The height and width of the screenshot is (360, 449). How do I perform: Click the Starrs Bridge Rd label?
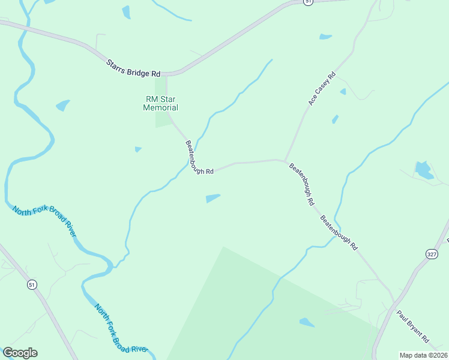coord(133,68)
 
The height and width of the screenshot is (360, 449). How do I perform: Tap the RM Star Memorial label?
coord(160,103)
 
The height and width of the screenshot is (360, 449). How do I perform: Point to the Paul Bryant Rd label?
coord(412,326)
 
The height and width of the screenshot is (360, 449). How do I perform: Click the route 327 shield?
coord(431,254)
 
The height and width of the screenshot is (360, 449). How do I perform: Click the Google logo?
coord(20,353)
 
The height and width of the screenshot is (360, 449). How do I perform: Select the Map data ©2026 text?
coord(423,355)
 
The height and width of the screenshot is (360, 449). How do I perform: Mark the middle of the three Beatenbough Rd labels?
coord(302,184)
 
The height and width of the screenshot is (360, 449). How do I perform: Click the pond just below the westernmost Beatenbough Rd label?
coord(212,198)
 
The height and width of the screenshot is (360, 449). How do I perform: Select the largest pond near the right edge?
coord(424,170)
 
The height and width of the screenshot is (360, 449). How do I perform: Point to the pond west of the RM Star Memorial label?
coord(62,106)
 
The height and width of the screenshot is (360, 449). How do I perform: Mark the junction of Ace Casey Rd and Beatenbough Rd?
coord(284,160)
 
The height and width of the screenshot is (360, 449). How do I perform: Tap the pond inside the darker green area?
coord(306,323)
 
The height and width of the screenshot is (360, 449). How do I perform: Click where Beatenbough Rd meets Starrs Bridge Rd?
coord(166,75)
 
